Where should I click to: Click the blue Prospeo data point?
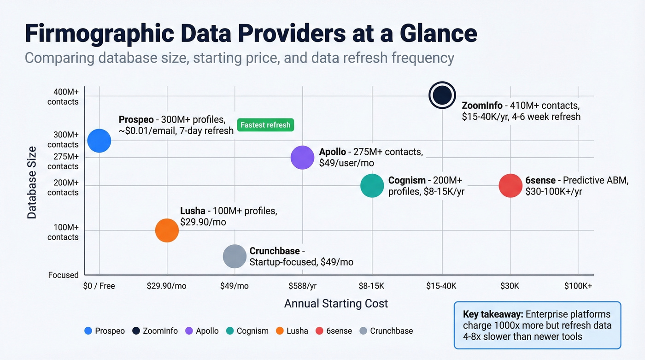pos(99,141)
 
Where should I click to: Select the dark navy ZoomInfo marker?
pos(442,95)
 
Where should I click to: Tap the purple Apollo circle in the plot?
pos(302,157)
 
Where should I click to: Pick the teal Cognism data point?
pos(372,186)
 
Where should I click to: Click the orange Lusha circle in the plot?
pos(167,230)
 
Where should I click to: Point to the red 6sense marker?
pos(510,186)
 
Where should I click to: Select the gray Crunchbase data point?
pos(235,256)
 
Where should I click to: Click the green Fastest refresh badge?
pos(265,125)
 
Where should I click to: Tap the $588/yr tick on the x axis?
pos(302,286)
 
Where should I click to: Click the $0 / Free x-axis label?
pos(99,286)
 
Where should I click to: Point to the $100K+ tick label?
pos(578,286)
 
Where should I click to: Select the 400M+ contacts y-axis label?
pos(63,96)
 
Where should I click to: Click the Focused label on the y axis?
pos(64,275)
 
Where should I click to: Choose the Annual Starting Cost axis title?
pos(336,303)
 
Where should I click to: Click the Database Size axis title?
pos(32,182)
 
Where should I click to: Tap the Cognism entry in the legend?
pos(252,330)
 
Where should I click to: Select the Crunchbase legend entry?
pos(391,330)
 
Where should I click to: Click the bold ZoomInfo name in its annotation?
pos(481,106)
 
